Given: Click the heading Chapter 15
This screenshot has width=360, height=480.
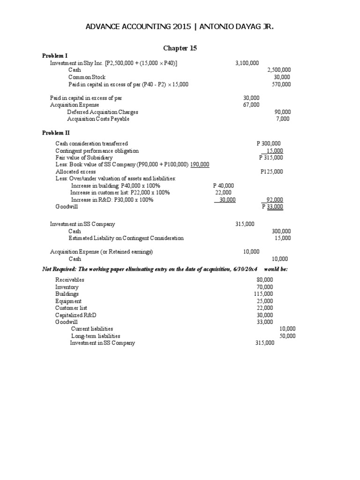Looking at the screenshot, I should [x=180, y=48].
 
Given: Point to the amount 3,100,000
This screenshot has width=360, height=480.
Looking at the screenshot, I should [x=247, y=63].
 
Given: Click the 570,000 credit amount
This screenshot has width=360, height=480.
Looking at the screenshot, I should [x=281, y=84].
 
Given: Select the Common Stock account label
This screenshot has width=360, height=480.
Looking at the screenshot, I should [x=87, y=77].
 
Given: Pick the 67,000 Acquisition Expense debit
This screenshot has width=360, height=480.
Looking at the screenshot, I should [x=251, y=105].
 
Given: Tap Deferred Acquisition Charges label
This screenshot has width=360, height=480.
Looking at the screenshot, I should [x=103, y=112].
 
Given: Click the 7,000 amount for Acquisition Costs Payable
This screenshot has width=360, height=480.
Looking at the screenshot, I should [x=283, y=119].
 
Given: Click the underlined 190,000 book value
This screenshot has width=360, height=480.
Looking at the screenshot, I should [x=200, y=165].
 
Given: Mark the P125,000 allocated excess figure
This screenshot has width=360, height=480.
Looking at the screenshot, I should [x=271, y=172].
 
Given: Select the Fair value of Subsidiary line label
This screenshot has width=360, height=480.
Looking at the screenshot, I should [x=84, y=157].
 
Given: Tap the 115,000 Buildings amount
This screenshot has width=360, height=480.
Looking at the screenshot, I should [x=263, y=294].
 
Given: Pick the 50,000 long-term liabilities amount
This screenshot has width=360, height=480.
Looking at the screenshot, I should [x=287, y=336].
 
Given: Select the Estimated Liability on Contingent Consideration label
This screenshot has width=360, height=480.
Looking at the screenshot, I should [x=126, y=238].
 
